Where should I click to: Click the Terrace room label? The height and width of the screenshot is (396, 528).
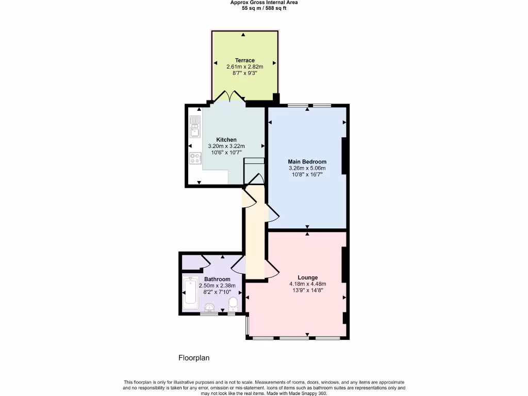[x=245, y=60]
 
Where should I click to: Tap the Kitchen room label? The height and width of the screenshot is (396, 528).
[x=226, y=140]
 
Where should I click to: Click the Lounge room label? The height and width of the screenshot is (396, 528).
[x=307, y=277]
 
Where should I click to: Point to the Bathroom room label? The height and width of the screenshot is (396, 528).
[x=217, y=279]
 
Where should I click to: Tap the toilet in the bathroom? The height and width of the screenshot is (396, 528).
[x=233, y=303]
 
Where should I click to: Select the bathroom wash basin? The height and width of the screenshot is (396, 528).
[x=209, y=308]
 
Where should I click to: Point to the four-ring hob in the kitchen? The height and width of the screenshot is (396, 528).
[x=195, y=159]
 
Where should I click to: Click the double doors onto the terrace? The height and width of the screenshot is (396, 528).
[x=230, y=96]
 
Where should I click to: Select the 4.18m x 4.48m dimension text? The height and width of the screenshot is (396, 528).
[x=307, y=284]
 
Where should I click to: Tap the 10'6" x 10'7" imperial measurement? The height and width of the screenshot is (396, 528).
[x=226, y=153]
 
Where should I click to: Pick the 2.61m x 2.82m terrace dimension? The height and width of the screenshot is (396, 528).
[x=245, y=67]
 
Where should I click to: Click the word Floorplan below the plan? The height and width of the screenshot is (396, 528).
[x=194, y=357]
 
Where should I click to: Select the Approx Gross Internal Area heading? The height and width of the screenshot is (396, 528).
[x=264, y=3]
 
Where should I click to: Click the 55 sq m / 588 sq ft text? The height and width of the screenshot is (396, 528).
[x=264, y=8]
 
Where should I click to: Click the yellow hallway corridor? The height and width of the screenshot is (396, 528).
[x=255, y=237]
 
